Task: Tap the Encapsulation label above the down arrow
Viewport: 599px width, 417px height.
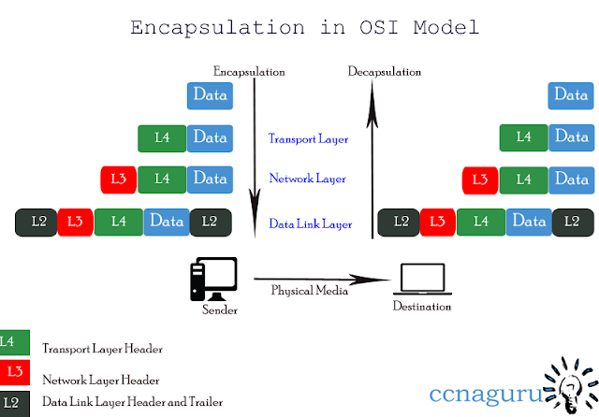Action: (249, 72)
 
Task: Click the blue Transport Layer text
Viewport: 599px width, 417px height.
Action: (308, 139)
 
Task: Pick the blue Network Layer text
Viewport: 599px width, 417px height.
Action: (308, 178)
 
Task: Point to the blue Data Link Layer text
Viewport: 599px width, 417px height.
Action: (310, 223)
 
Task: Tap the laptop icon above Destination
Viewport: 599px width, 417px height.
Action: (423, 279)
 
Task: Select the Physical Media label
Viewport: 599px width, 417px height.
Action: (309, 290)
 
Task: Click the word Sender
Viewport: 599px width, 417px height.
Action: (220, 309)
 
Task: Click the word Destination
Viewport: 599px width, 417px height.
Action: (422, 307)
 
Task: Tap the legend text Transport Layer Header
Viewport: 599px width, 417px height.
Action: (103, 349)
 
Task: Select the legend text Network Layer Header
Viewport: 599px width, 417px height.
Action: (101, 380)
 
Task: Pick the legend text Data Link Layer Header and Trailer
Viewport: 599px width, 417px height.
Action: (133, 402)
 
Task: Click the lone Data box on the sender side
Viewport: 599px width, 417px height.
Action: (210, 94)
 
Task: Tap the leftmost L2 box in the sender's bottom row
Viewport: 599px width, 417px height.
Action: (37, 222)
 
